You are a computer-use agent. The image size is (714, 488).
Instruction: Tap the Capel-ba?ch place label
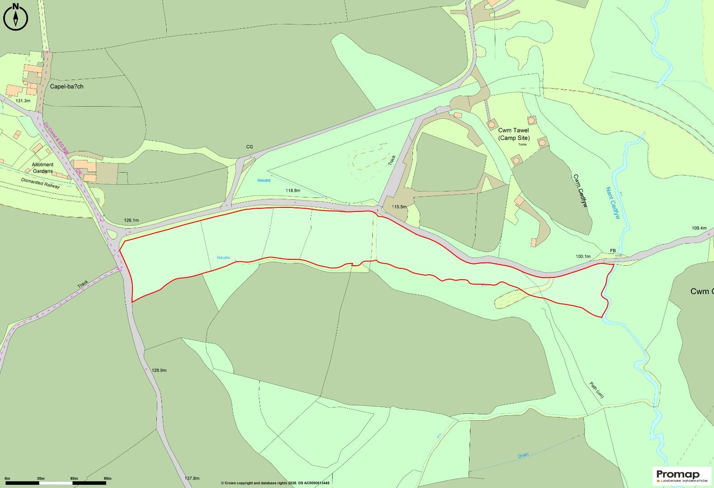coord(66,86)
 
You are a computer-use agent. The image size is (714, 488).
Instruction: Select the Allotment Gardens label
coord(42,168)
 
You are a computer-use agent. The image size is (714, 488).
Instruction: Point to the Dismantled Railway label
coord(40,183)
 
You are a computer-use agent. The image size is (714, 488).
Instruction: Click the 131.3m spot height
coord(23,101)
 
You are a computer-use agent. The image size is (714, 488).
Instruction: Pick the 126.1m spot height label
coord(131,221)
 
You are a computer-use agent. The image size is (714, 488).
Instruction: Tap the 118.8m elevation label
coord(293,191)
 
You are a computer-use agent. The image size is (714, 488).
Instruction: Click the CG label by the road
coord(249,147)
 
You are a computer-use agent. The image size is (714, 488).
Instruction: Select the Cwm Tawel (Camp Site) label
coord(513,134)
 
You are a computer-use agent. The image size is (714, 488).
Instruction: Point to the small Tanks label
coord(522,145)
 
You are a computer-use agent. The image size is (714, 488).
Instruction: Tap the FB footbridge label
coord(613,250)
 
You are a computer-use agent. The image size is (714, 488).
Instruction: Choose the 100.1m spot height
coord(582,257)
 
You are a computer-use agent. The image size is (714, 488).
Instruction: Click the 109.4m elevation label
coord(699,228)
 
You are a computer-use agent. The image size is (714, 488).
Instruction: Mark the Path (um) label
coord(597,390)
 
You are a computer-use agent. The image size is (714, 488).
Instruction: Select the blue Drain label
coord(523,455)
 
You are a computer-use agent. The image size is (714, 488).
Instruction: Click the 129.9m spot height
coord(159,371)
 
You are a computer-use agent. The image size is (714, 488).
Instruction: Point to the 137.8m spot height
coord(192,478)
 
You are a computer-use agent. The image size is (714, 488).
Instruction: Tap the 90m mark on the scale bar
coord(107,479)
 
